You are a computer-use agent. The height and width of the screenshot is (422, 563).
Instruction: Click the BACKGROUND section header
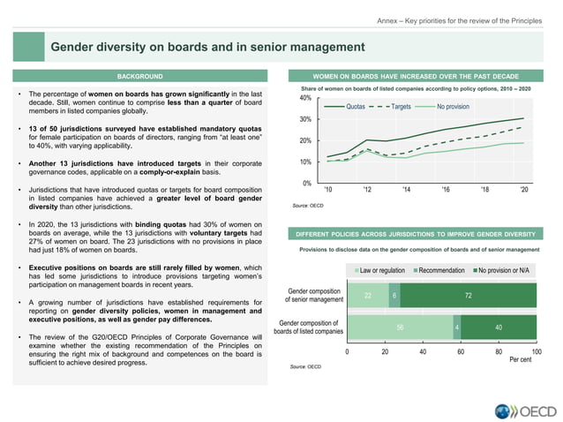click(x=141, y=77)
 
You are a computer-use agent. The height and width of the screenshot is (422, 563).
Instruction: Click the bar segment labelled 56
click(x=400, y=327)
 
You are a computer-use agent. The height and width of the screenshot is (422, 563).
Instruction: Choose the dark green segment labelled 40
click(x=499, y=327)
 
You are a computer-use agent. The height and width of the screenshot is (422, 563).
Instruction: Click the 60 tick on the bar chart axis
click(x=462, y=350)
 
